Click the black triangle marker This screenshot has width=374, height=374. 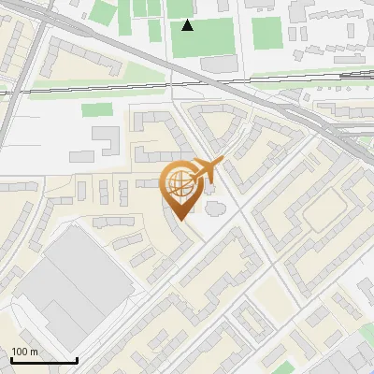[x=188, y=25]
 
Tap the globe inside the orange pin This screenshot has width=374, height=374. [x=178, y=182]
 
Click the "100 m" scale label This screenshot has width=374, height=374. [x=25, y=352]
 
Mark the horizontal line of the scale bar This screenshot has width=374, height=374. [x=43, y=361]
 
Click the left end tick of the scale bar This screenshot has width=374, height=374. [x=11, y=359]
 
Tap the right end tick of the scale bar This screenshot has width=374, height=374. [x=76, y=359]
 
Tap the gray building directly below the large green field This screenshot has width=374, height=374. [x=219, y=64]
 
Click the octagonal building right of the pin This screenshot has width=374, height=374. [x=214, y=207]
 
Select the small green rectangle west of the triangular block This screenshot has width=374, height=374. [x=95, y=109]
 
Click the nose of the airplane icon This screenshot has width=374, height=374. [x=223, y=162]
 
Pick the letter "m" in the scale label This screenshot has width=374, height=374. [x=34, y=352]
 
